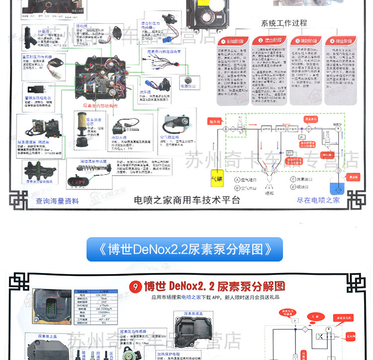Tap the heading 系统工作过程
284,23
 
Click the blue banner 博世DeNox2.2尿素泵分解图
185,249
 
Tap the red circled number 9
133,287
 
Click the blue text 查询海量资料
57,201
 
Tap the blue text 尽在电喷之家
318,200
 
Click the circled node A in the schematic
226,128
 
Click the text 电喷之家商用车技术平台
187,200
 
